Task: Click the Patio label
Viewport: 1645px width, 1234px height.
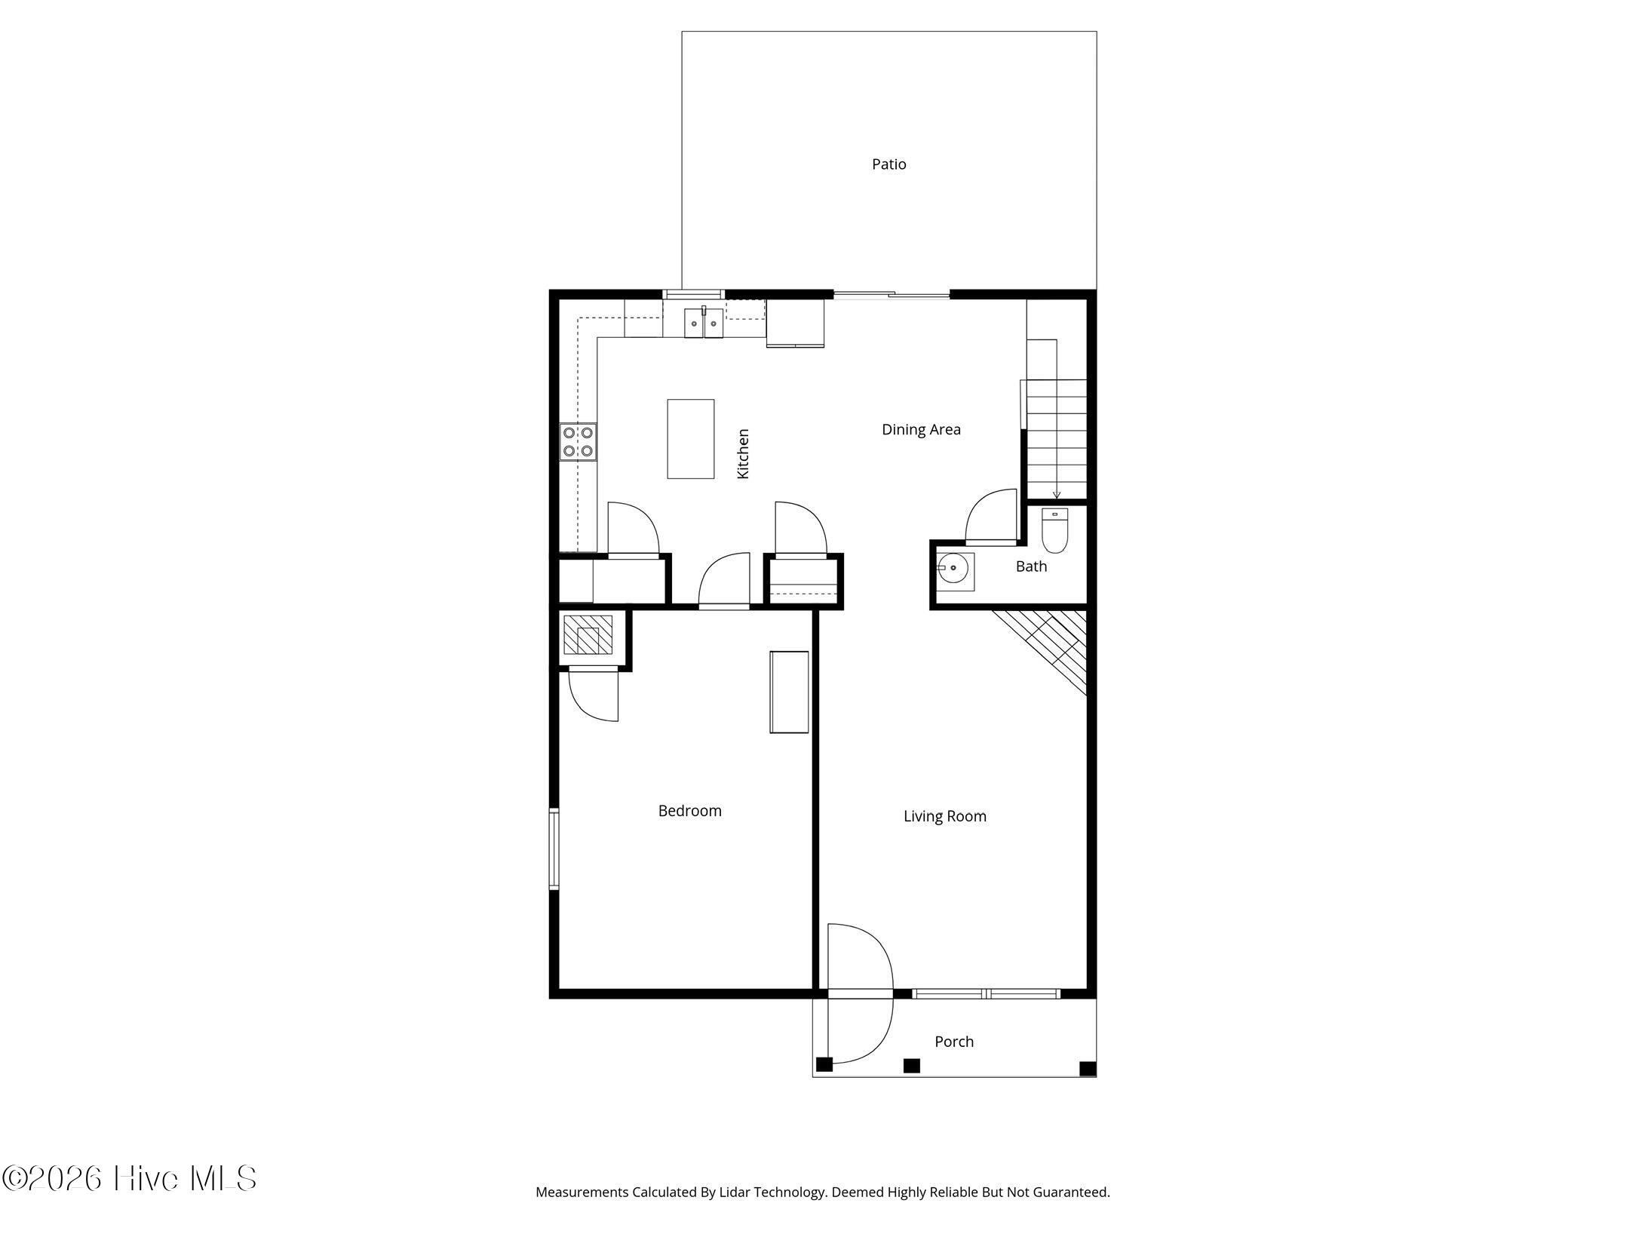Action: click(x=888, y=164)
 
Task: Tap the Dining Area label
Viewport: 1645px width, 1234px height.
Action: click(x=921, y=429)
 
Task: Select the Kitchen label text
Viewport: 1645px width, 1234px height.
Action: click(x=743, y=453)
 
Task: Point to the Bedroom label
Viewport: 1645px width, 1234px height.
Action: click(x=689, y=811)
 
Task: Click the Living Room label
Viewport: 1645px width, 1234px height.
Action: click(x=944, y=816)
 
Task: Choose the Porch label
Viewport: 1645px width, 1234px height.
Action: click(x=954, y=1042)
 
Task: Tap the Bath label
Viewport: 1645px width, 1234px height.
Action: click(x=1031, y=566)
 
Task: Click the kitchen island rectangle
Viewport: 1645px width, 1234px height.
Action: click(x=690, y=439)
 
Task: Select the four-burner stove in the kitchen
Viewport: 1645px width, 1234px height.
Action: click(x=578, y=442)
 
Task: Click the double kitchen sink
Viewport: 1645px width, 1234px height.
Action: click(x=704, y=323)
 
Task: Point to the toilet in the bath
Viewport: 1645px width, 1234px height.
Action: click(x=1054, y=530)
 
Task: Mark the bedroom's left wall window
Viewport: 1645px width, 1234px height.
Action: click(x=554, y=849)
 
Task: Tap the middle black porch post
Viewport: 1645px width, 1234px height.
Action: click(x=912, y=1066)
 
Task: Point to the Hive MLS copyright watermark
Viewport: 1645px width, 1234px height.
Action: click(x=129, y=1178)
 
